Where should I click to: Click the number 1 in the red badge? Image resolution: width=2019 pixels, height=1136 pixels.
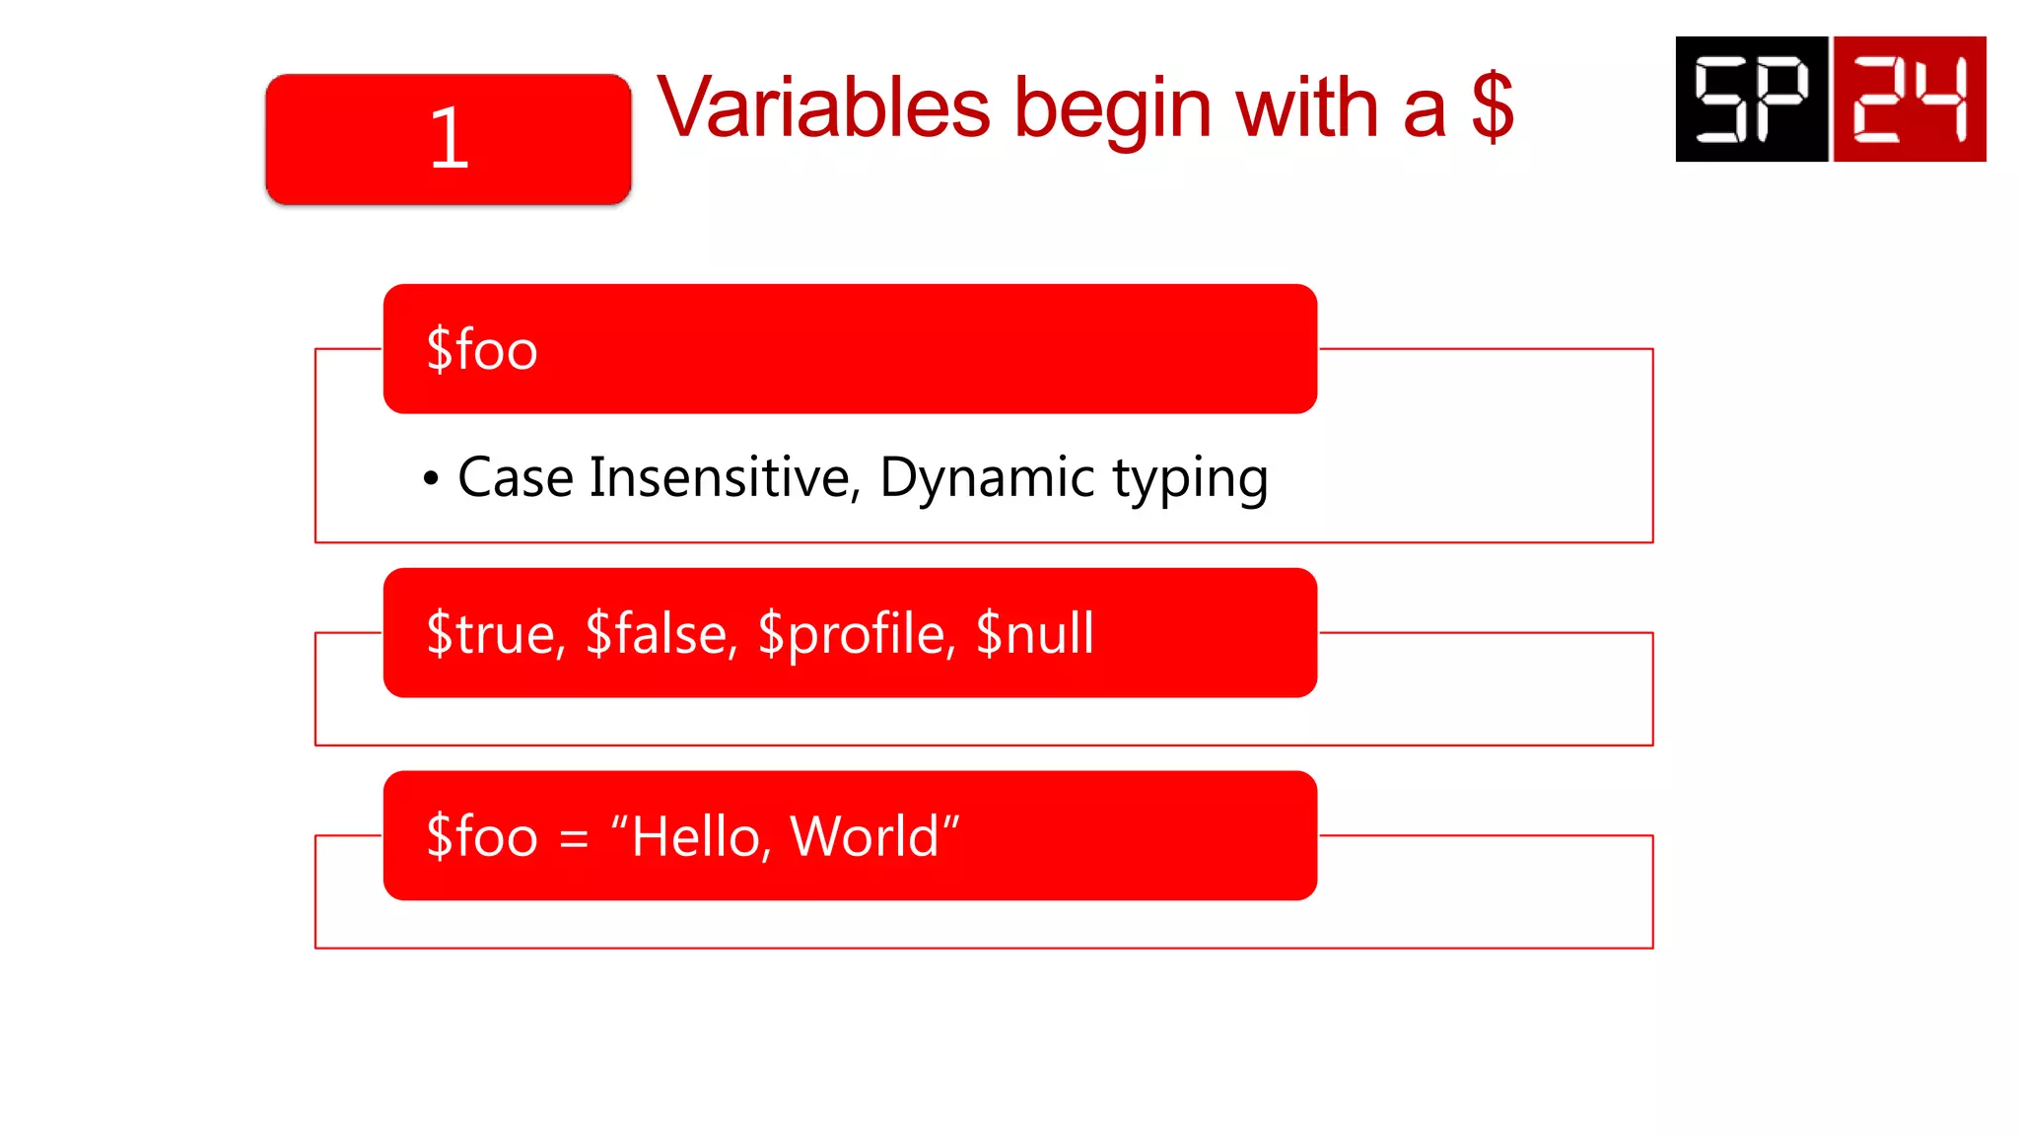pos(449,139)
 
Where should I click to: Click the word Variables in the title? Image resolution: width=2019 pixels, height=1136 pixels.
pos(823,107)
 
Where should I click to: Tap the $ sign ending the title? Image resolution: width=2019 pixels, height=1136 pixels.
pos(1492,107)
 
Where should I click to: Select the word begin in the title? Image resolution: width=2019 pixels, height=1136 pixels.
pos(1113,110)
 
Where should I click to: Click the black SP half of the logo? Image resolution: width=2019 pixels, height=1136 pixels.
pos(1751,99)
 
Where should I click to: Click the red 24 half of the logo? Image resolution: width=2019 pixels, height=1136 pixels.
pos(1910,99)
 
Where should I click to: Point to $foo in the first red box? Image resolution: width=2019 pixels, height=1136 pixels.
pos(482,350)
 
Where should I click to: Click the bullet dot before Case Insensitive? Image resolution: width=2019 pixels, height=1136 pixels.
pos(431,479)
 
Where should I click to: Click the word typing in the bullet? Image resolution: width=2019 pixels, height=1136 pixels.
pos(1190,480)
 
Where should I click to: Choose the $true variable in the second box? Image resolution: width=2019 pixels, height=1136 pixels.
pos(495,634)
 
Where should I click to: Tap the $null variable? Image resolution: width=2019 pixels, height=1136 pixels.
pos(1034,634)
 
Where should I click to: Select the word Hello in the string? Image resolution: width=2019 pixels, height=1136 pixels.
pos(696,837)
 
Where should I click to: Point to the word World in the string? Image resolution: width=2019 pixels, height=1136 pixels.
pos(865,837)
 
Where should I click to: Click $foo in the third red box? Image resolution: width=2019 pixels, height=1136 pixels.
pos(482,837)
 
